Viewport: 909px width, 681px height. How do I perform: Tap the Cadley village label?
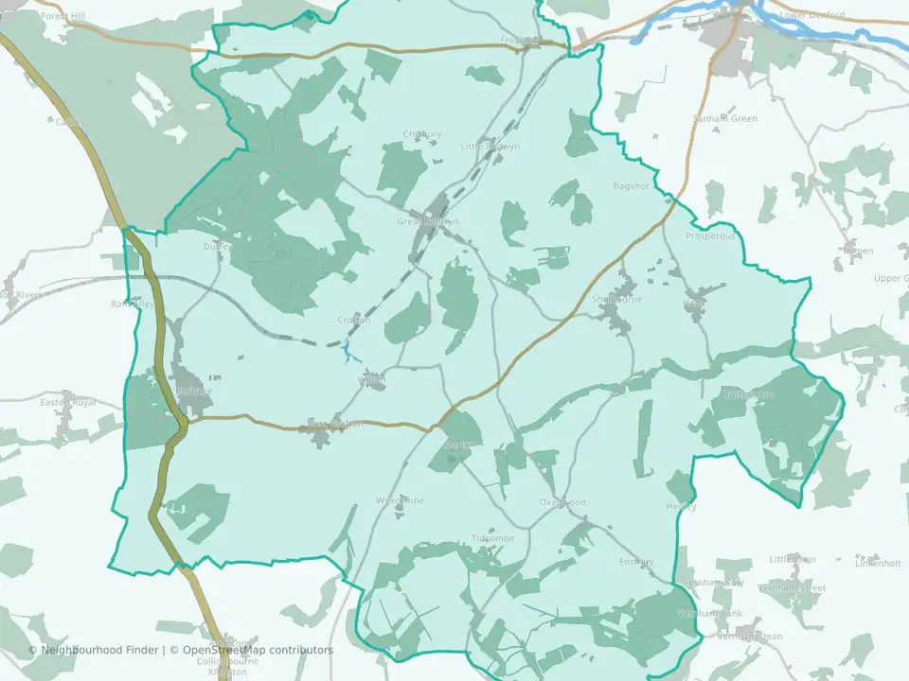click(x=70, y=122)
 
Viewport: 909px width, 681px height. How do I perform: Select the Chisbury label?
click(x=422, y=134)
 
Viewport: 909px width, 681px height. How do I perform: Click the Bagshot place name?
click(x=632, y=186)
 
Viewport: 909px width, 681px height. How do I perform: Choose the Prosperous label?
click(x=710, y=236)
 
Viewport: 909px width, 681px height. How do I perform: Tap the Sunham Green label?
click(x=725, y=119)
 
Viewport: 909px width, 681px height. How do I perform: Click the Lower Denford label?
click(x=811, y=15)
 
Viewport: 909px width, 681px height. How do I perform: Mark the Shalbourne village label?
click(x=616, y=299)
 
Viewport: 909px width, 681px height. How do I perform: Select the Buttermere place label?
click(x=748, y=394)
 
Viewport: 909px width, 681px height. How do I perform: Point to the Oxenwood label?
click(x=562, y=502)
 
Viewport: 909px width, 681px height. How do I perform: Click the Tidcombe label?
click(x=492, y=538)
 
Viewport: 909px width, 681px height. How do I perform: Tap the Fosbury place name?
click(x=636, y=562)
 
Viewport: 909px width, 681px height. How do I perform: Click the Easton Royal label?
click(x=68, y=402)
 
